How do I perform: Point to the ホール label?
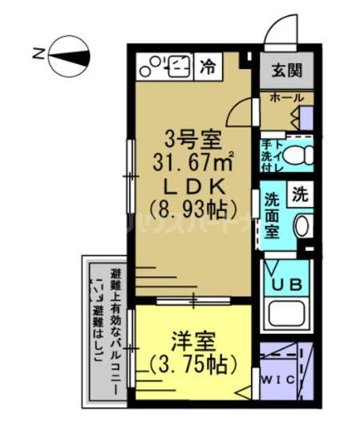286,98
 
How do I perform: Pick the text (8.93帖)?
192,210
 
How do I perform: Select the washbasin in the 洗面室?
301,225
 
